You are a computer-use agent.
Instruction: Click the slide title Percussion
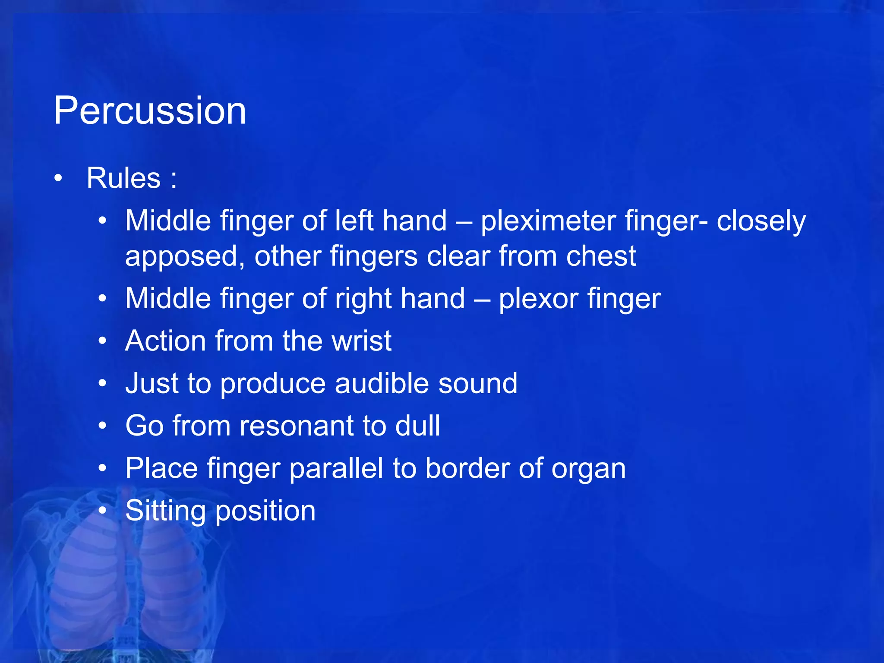coord(150,111)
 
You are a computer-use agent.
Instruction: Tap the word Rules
coord(123,178)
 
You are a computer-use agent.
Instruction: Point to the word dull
coord(417,426)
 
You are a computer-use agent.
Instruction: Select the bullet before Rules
coord(59,178)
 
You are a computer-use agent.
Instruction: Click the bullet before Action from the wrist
coord(102,341)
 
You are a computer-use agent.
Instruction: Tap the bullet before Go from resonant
coord(102,426)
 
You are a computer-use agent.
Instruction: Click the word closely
coord(761,221)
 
